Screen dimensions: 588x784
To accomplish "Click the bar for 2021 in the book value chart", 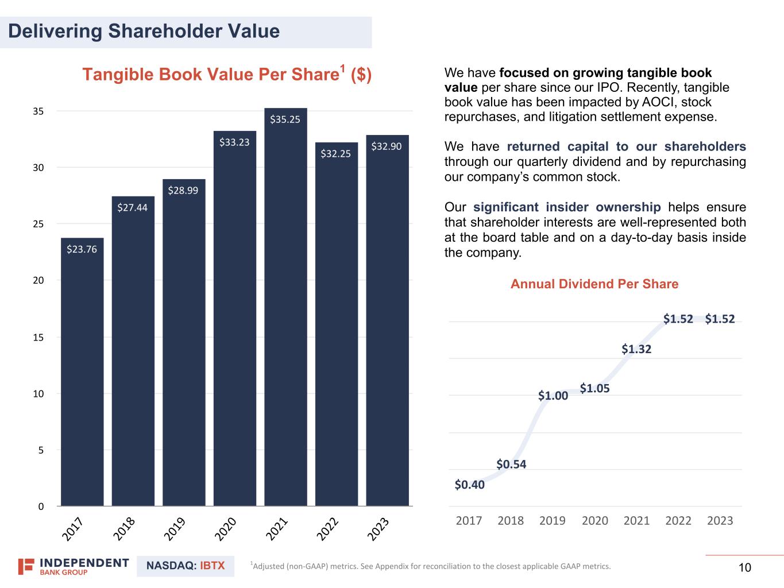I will [285, 310].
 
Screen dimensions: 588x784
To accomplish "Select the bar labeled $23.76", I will [82, 373].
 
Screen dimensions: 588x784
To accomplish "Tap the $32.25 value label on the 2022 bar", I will [335, 154].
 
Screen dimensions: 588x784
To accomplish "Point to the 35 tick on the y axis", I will [38, 111].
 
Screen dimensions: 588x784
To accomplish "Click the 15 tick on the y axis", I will [38, 337].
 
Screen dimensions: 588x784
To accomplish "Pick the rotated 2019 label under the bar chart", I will [175, 529].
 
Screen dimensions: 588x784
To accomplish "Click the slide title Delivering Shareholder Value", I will [144, 32].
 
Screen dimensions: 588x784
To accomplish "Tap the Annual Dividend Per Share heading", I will [594, 284].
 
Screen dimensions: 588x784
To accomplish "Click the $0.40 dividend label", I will [469, 485].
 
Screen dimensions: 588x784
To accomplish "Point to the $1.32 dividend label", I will [636, 349].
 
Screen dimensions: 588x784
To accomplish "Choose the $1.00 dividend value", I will [553, 396].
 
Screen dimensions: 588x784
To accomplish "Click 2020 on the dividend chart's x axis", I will [594, 521].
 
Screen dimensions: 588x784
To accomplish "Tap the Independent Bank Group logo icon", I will [26, 566].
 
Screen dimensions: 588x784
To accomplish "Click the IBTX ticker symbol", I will [213, 566].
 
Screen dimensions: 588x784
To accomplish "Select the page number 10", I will [744, 568].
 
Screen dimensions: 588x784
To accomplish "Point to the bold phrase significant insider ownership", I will [567, 207].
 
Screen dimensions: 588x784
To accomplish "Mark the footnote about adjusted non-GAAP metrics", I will [431, 567].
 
